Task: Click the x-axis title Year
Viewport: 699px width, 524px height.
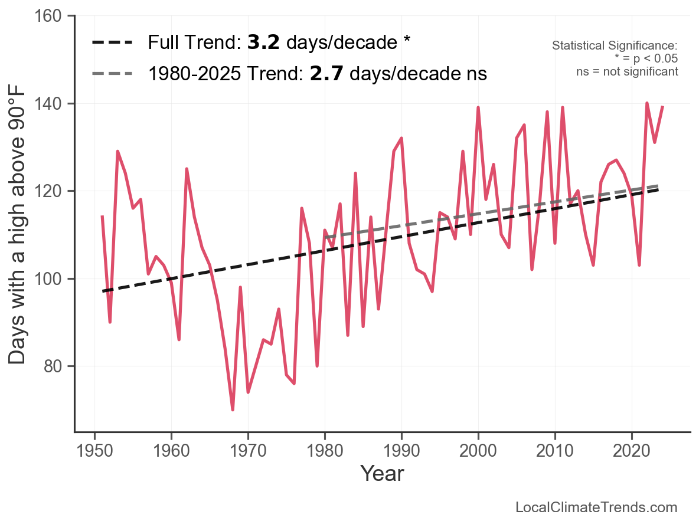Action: pyautogui.click(x=382, y=473)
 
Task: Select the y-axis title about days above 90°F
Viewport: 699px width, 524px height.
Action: pyautogui.click(x=18, y=224)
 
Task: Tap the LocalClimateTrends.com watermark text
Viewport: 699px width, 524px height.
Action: pyautogui.click(x=596, y=507)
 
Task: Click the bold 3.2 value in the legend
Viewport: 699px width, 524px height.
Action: pyautogui.click(x=263, y=42)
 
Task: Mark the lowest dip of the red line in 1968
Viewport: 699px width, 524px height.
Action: pyautogui.click(x=233, y=410)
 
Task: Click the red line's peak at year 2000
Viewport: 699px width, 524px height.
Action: pyautogui.click(x=478, y=108)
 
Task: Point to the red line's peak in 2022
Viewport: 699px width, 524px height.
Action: pyautogui.click(x=647, y=103)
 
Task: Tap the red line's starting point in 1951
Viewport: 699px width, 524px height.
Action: pyautogui.click(x=102, y=217)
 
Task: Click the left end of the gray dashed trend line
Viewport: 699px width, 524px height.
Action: pyautogui.click(x=325, y=237)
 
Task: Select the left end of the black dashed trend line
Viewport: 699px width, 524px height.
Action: pyautogui.click(x=103, y=291)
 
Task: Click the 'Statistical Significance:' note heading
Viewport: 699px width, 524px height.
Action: pyautogui.click(x=615, y=46)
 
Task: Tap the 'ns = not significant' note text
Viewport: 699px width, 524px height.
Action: pyautogui.click(x=627, y=71)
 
